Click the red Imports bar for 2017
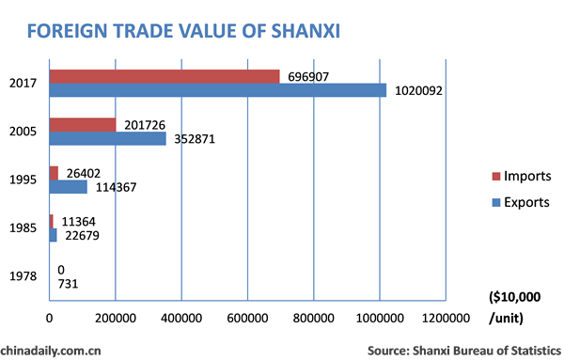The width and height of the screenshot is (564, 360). (164, 76)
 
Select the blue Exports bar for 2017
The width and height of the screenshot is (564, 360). (217, 90)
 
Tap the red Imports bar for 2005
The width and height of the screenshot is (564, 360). (83, 124)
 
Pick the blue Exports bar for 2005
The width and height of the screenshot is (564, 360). (107, 138)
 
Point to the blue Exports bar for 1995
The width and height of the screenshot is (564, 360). (68, 187)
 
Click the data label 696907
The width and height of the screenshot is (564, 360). (309, 76)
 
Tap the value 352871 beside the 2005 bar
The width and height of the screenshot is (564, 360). (196, 139)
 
